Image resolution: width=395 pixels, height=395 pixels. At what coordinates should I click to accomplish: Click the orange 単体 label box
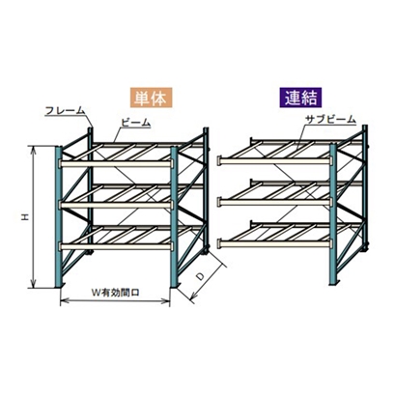pyautogui.click(x=152, y=98)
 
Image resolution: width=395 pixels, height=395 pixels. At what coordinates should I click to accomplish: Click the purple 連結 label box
pyautogui.click(x=300, y=98)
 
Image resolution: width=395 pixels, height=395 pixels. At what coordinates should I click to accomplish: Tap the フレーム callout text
pyautogui.click(x=65, y=110)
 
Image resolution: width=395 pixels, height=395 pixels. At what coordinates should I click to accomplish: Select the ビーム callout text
pyautogui.click(x=136, y=123)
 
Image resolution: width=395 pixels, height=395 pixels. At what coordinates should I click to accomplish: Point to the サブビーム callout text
pyautogui.click(x=330, y=120)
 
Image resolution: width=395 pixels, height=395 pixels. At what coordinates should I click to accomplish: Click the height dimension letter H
pyautogui.click(x=25, y=217)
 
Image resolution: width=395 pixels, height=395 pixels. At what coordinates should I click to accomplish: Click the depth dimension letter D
pyautogui.click(x=200, y=276)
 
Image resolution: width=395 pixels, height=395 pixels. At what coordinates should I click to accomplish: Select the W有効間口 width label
pyautogui.click(x=115, y=293)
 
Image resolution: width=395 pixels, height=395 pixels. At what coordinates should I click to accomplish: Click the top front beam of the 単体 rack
pyautogui.click(x=116, y=164)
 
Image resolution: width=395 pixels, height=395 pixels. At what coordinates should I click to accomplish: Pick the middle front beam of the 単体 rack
pyautogui.click(x=116, y=205)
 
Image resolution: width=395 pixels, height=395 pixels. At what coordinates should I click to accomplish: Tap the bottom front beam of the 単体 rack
pyautogui.click(x=116, y=246)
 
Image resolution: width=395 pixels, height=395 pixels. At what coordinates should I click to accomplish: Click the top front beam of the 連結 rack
pyautogui.click(x=275, y=160)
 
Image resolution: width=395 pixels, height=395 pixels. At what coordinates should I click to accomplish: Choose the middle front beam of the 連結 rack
pyautogui.click(x=275, y=202)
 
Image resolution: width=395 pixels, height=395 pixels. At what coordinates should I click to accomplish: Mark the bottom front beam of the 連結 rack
pyautogui.click(x=275, y=243)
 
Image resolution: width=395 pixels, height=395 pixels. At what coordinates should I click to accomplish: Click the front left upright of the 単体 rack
pyautogui.click(x=59, y=216)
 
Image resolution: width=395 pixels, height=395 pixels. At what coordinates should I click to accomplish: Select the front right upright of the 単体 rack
pyautogui.click(x=174, y=217)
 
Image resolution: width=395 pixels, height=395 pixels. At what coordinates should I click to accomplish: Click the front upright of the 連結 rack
pyautogui.click(x=333, y=214)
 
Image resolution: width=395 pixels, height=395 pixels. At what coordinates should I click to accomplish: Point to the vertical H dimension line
pyautogui.click(x=34, y=216)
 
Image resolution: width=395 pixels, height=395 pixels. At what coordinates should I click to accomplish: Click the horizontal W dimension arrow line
pyautogui.click(x=115, y=301)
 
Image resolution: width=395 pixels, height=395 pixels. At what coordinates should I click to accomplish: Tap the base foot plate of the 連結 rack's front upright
pyautogui.click(x=335, y=282)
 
